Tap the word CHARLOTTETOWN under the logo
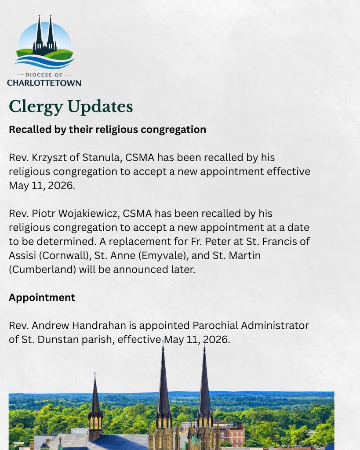[x=44, y=83]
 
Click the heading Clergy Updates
[x=71, y=107]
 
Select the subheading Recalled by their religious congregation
[x=107, y=130]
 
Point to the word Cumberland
[x=42, y=269]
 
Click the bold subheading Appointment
[x=42, y=298]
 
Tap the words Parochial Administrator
[x=251, y=326]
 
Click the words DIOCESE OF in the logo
[x=44, y=75]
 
